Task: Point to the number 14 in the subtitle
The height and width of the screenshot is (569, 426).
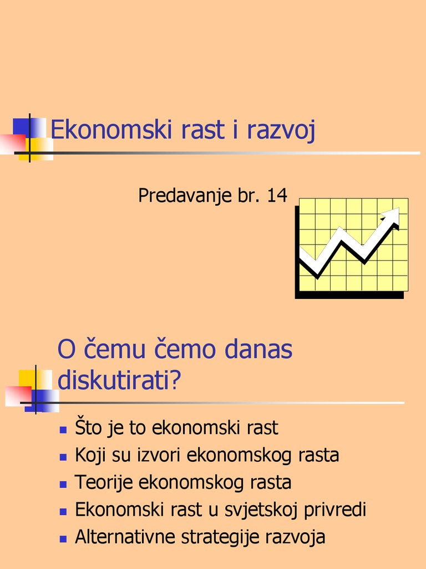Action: point(277,196)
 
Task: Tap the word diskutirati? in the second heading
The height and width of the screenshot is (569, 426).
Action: point(120,381)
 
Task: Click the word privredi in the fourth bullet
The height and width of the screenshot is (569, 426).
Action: point(338,510)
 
